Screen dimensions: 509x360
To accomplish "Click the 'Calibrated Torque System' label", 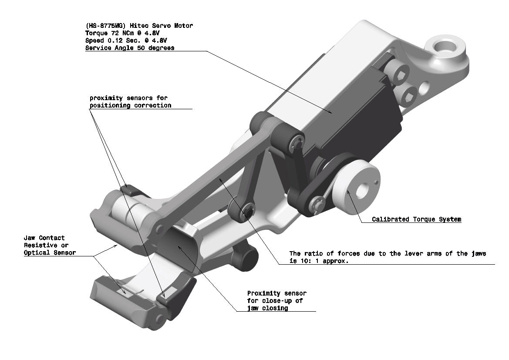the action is coord(417,219).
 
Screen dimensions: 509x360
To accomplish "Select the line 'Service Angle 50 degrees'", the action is coord(130,48).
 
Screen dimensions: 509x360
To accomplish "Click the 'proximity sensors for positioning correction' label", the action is coord(131,101).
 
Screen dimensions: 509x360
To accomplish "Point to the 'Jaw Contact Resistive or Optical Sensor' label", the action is coord(50,246).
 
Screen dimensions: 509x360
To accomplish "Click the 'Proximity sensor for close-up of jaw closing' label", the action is coord(277,301).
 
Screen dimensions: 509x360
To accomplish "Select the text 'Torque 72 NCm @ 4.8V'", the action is coord(122,33).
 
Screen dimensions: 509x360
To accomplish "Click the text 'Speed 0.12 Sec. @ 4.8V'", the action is coord(126,40).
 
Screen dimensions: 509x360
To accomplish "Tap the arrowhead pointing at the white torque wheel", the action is coord(349,192).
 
